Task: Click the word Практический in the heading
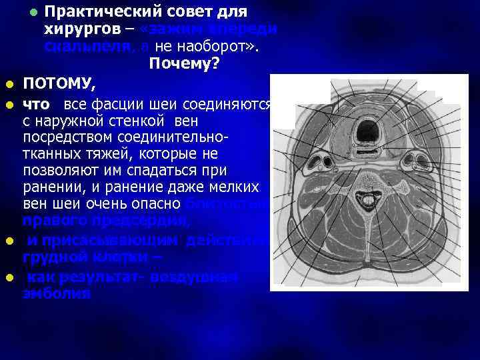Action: click(109, 12)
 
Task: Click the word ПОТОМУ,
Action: click(60, 85)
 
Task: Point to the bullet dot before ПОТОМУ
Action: click(8, 85)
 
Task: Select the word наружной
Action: click(101, 123)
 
